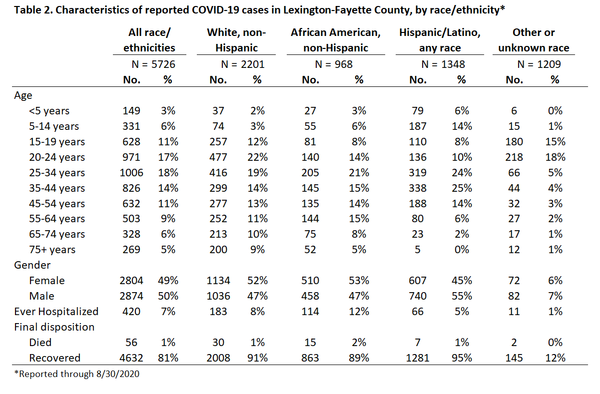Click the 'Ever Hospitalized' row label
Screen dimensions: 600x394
click(x=56, y=312)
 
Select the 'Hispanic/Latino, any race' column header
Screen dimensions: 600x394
click(x=440, y=40)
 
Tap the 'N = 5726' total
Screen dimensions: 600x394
click(x=153, y=64)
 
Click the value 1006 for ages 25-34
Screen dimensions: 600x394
click(x=131, y=173)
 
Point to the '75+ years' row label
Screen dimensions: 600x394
click(x=52, y=250)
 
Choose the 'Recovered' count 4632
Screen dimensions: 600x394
click(x=131, y=358)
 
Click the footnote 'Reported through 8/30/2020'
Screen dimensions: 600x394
click(x=77, y=374)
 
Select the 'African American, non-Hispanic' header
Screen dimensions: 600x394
click(x=336, y=40)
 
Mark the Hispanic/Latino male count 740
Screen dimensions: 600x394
click(x=418, y=296)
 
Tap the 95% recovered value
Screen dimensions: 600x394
click(x=462, y=358)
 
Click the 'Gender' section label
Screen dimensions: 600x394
click(x=32, y=265)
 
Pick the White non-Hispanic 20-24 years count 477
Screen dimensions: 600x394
click(x=218, y=157)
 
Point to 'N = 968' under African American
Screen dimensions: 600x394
click(x=334, y=64)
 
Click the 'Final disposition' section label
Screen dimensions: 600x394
click(x=54, y=327)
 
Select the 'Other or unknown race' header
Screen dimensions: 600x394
click(x=534, y=40)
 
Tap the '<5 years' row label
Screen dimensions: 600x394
click(x=49, y=111)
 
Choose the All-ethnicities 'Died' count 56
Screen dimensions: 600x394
click(x=131, y=343)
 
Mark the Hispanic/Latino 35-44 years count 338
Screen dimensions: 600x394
click(x=418, y=188)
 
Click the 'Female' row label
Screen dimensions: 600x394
click(x=47, y=281)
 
